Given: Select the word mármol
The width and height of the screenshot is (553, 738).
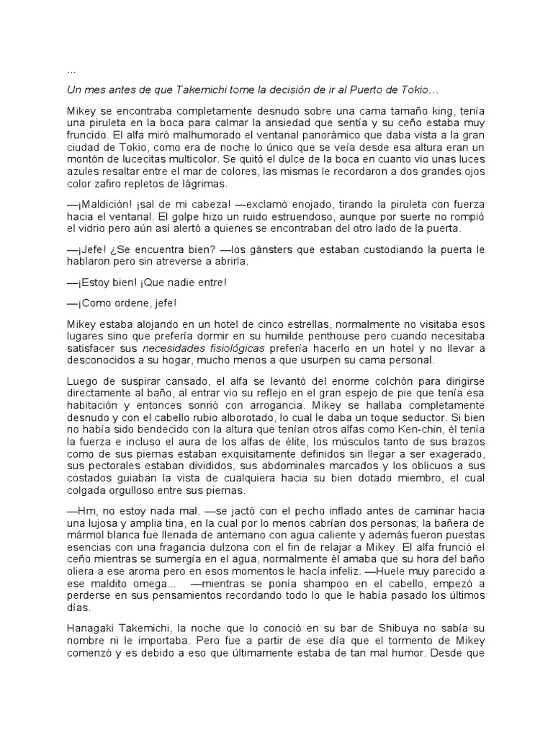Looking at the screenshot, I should [89, 539].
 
